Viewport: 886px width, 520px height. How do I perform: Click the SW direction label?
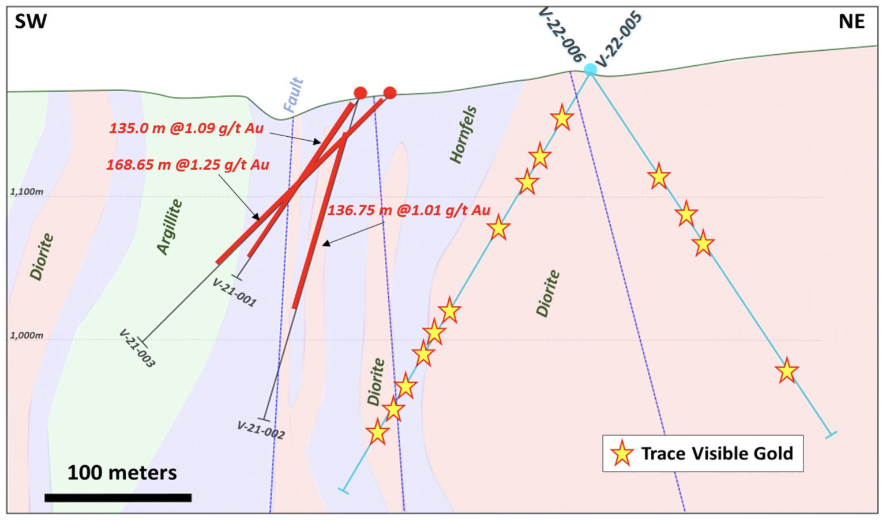31,21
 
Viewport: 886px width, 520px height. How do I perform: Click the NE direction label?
851,21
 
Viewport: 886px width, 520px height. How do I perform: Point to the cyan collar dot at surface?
590,70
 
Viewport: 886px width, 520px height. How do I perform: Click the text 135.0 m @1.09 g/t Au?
186,128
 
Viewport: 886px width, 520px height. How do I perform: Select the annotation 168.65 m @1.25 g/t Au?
187,165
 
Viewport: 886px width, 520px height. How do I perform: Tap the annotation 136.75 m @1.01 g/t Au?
408,210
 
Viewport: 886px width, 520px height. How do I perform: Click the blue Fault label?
293,95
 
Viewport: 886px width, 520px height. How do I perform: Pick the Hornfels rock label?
463,134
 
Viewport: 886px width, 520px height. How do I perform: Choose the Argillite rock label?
170,227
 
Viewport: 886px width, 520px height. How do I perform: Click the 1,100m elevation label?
27,192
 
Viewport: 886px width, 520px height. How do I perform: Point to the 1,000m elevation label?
27,335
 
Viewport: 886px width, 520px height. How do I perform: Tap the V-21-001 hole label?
234,293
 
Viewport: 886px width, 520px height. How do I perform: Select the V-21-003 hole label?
137,348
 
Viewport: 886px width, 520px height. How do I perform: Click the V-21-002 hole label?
261,430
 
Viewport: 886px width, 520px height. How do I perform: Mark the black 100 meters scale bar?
118,497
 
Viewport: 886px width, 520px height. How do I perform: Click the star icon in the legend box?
622,454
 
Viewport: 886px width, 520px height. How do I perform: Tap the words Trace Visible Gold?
717,454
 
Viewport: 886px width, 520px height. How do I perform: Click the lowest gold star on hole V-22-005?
787,371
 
